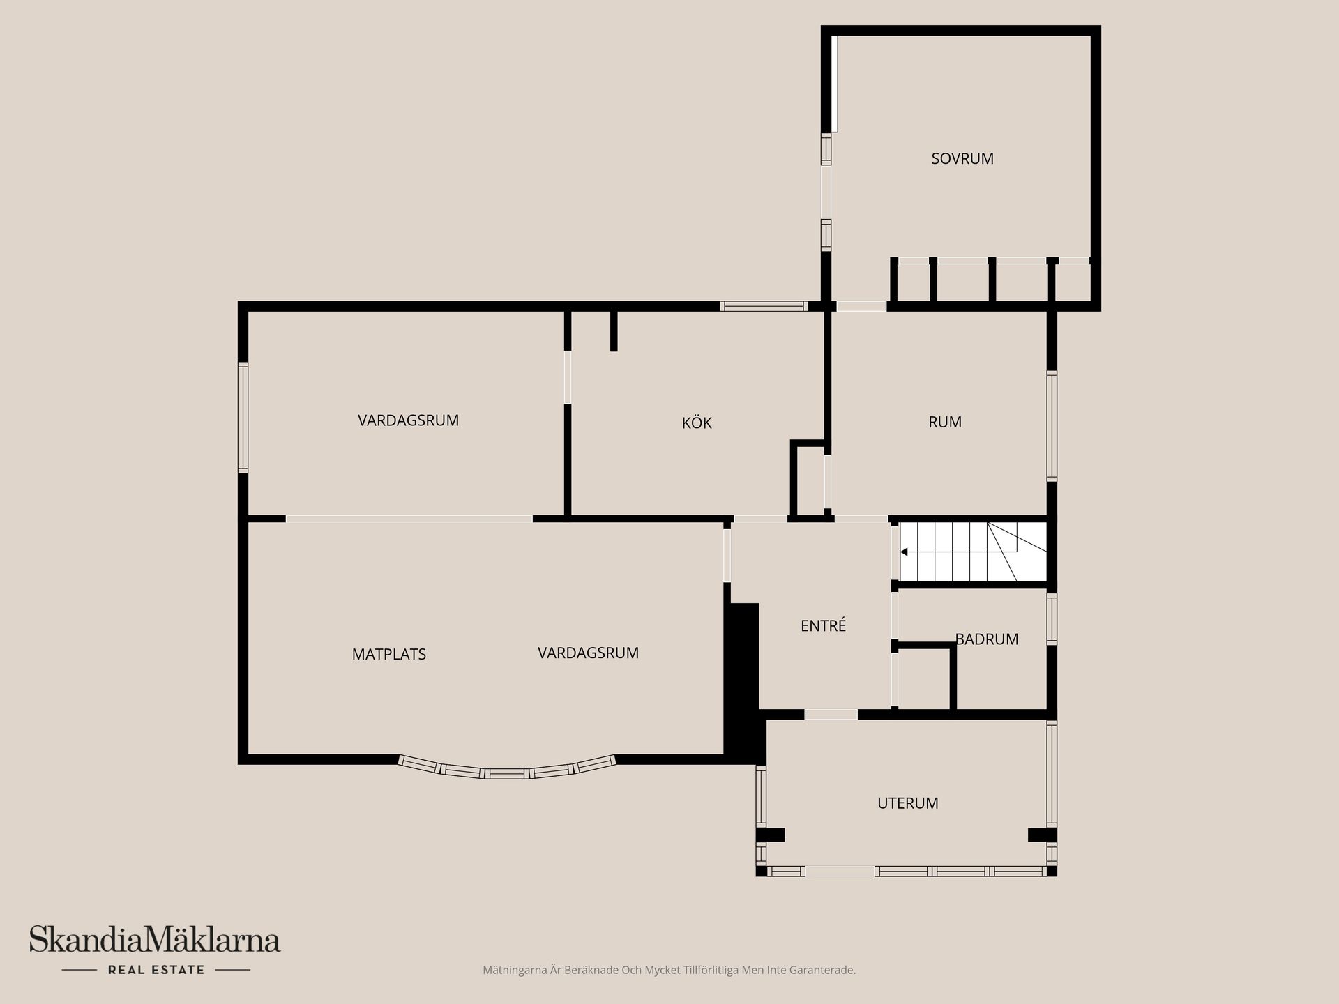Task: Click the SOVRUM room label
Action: (x=962, y=158)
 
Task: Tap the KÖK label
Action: (x=697, y=423)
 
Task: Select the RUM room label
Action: (x=945, y=422)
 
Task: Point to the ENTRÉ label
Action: (x=823, y=625)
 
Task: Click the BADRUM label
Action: (x=986, y=639)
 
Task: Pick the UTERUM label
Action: (x=907, y=803)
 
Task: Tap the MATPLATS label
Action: (x=388, y=654)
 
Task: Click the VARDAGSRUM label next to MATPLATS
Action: (x=588, y=653)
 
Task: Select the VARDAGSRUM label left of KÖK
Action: (x=408, y=420)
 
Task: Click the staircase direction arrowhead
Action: (x=904, y=552)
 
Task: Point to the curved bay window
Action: (x=507, y=771)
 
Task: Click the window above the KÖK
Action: (x=764, y=306)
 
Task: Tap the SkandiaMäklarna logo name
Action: (x=155, y=940)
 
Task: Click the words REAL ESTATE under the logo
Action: (x=156, y=970)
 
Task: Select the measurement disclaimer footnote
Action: (x=669, y=970)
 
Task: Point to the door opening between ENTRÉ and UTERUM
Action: (x=831, y=715)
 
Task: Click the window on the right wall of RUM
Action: (x=1052, y=425)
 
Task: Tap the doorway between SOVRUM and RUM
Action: (x=861, y=306)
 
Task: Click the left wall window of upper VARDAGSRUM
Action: (x=243, y=417)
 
